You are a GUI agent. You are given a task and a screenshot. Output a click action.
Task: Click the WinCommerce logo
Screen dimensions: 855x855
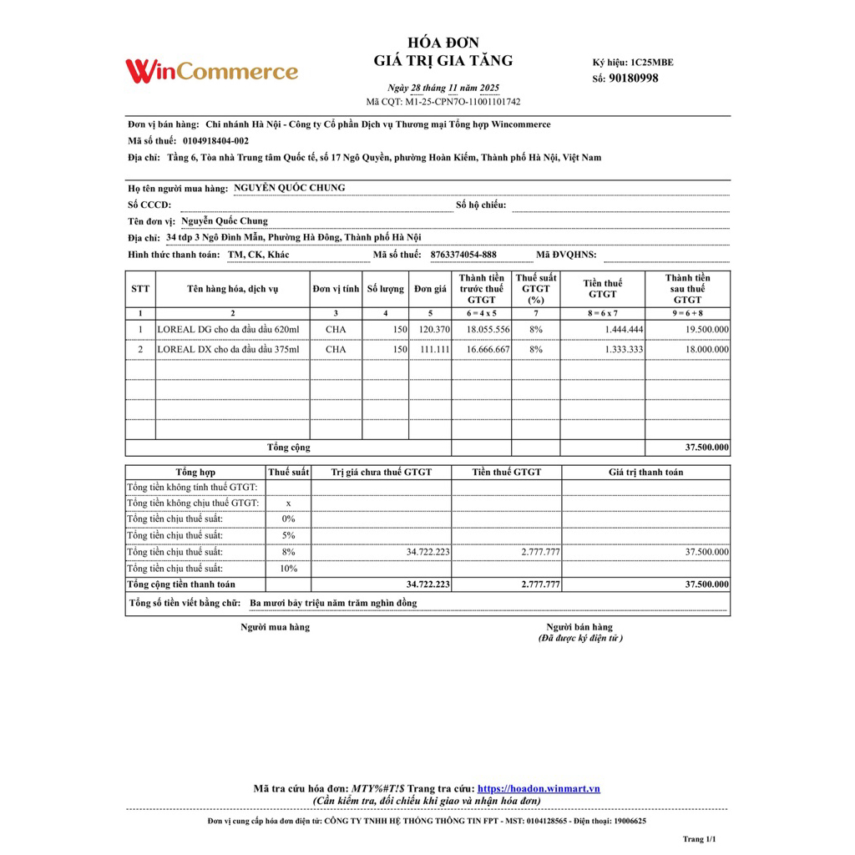[x=211, y=71]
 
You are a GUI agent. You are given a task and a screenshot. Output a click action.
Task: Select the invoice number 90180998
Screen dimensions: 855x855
[x=634, y=78]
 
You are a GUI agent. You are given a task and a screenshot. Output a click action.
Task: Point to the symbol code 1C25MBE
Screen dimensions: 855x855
[x=652, y=63]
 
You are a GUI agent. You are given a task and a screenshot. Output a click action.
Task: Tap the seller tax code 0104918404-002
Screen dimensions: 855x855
[x=215, y=141]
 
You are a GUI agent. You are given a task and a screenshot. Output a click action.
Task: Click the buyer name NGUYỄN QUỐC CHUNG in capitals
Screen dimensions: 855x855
[x=289, y=188]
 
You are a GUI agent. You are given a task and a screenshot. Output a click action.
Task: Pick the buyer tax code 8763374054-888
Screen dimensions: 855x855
[x=463, y=255]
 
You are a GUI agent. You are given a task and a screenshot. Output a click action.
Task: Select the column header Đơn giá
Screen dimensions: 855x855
[x=431, y=289]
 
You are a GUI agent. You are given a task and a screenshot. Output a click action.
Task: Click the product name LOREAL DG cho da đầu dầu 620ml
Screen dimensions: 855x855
[x=228, y=330]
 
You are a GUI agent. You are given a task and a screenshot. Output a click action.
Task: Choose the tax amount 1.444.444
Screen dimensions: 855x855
[x=624, y=330]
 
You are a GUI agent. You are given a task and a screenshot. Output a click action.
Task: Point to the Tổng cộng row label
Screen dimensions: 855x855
[x=288, y=448]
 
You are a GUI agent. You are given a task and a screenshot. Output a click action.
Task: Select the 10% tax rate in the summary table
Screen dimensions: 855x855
[x=289, y=569]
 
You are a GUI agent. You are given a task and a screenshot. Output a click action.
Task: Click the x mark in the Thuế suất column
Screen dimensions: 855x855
[x=289, y=503]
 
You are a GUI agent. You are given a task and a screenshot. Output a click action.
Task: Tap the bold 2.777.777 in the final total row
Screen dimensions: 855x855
[x=540, y=584]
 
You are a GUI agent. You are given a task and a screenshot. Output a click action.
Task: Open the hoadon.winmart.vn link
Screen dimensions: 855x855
[x=539, y=789]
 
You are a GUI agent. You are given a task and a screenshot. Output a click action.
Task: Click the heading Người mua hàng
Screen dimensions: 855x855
[x=275, y=627]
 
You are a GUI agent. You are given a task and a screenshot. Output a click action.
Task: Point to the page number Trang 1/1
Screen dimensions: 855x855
[x=700, y=839]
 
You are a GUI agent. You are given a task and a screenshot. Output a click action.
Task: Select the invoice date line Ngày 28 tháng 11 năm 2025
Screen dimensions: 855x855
[x=443, y=88]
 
